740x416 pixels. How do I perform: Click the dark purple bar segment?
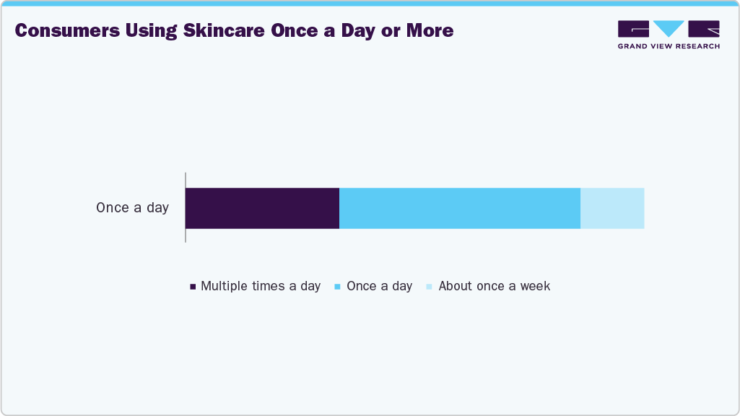coord(262,208)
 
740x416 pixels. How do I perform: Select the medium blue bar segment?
coord(460,208)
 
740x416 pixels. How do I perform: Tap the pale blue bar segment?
coord(612,208)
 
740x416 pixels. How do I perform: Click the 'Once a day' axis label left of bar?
coord(132,208)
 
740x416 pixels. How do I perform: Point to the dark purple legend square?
coord(193,287)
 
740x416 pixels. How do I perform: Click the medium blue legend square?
coord(339,287)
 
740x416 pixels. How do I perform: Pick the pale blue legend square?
coord(430,287)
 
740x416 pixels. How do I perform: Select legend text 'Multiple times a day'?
coord(261,286)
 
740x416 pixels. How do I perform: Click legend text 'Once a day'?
coord(379,286)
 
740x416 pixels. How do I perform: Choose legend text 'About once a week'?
coord(494,286)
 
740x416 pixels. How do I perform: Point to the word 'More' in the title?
coord(430,30)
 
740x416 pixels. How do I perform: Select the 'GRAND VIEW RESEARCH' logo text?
coord(669,46)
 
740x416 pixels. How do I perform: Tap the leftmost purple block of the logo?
coord(633,29)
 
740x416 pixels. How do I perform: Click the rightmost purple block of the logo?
coord(705,29)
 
